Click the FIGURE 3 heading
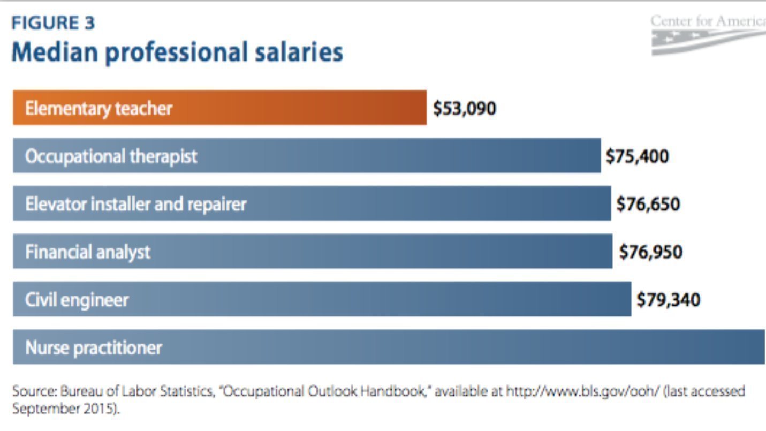(x=53, y=24)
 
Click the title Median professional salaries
(x=177, y=52)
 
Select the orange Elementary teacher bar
(x=219, y=108)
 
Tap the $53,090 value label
(x=465, y=108)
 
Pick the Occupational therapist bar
(x=306, y=156)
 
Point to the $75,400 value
(x=637, y=156)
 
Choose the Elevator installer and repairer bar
(x=312, y=203)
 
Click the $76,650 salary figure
(x=648, y=204)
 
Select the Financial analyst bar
(x=312, y=251)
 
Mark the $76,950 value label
(x=651, y=251)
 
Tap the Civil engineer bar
(x=322, y=299)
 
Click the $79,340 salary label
(x=668, y=299)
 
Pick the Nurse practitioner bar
(x=389, y=347)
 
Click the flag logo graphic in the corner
(x=707, y=42)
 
